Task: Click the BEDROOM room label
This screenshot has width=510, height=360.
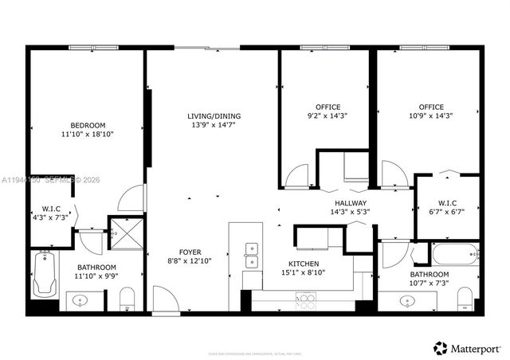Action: (x=88, y=125)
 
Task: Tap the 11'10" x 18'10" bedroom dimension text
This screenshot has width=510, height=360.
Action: (x=88, y=135)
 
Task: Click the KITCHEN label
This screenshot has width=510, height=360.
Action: (x=303, y=264)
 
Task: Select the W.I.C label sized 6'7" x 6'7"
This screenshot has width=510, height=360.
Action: (x=446, y=202)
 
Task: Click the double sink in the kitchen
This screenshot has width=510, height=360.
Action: (x=252, y=255)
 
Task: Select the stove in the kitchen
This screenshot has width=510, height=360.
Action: (x=306, y=301)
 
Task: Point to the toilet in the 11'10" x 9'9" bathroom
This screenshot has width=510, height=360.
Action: (x=127, y=299)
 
